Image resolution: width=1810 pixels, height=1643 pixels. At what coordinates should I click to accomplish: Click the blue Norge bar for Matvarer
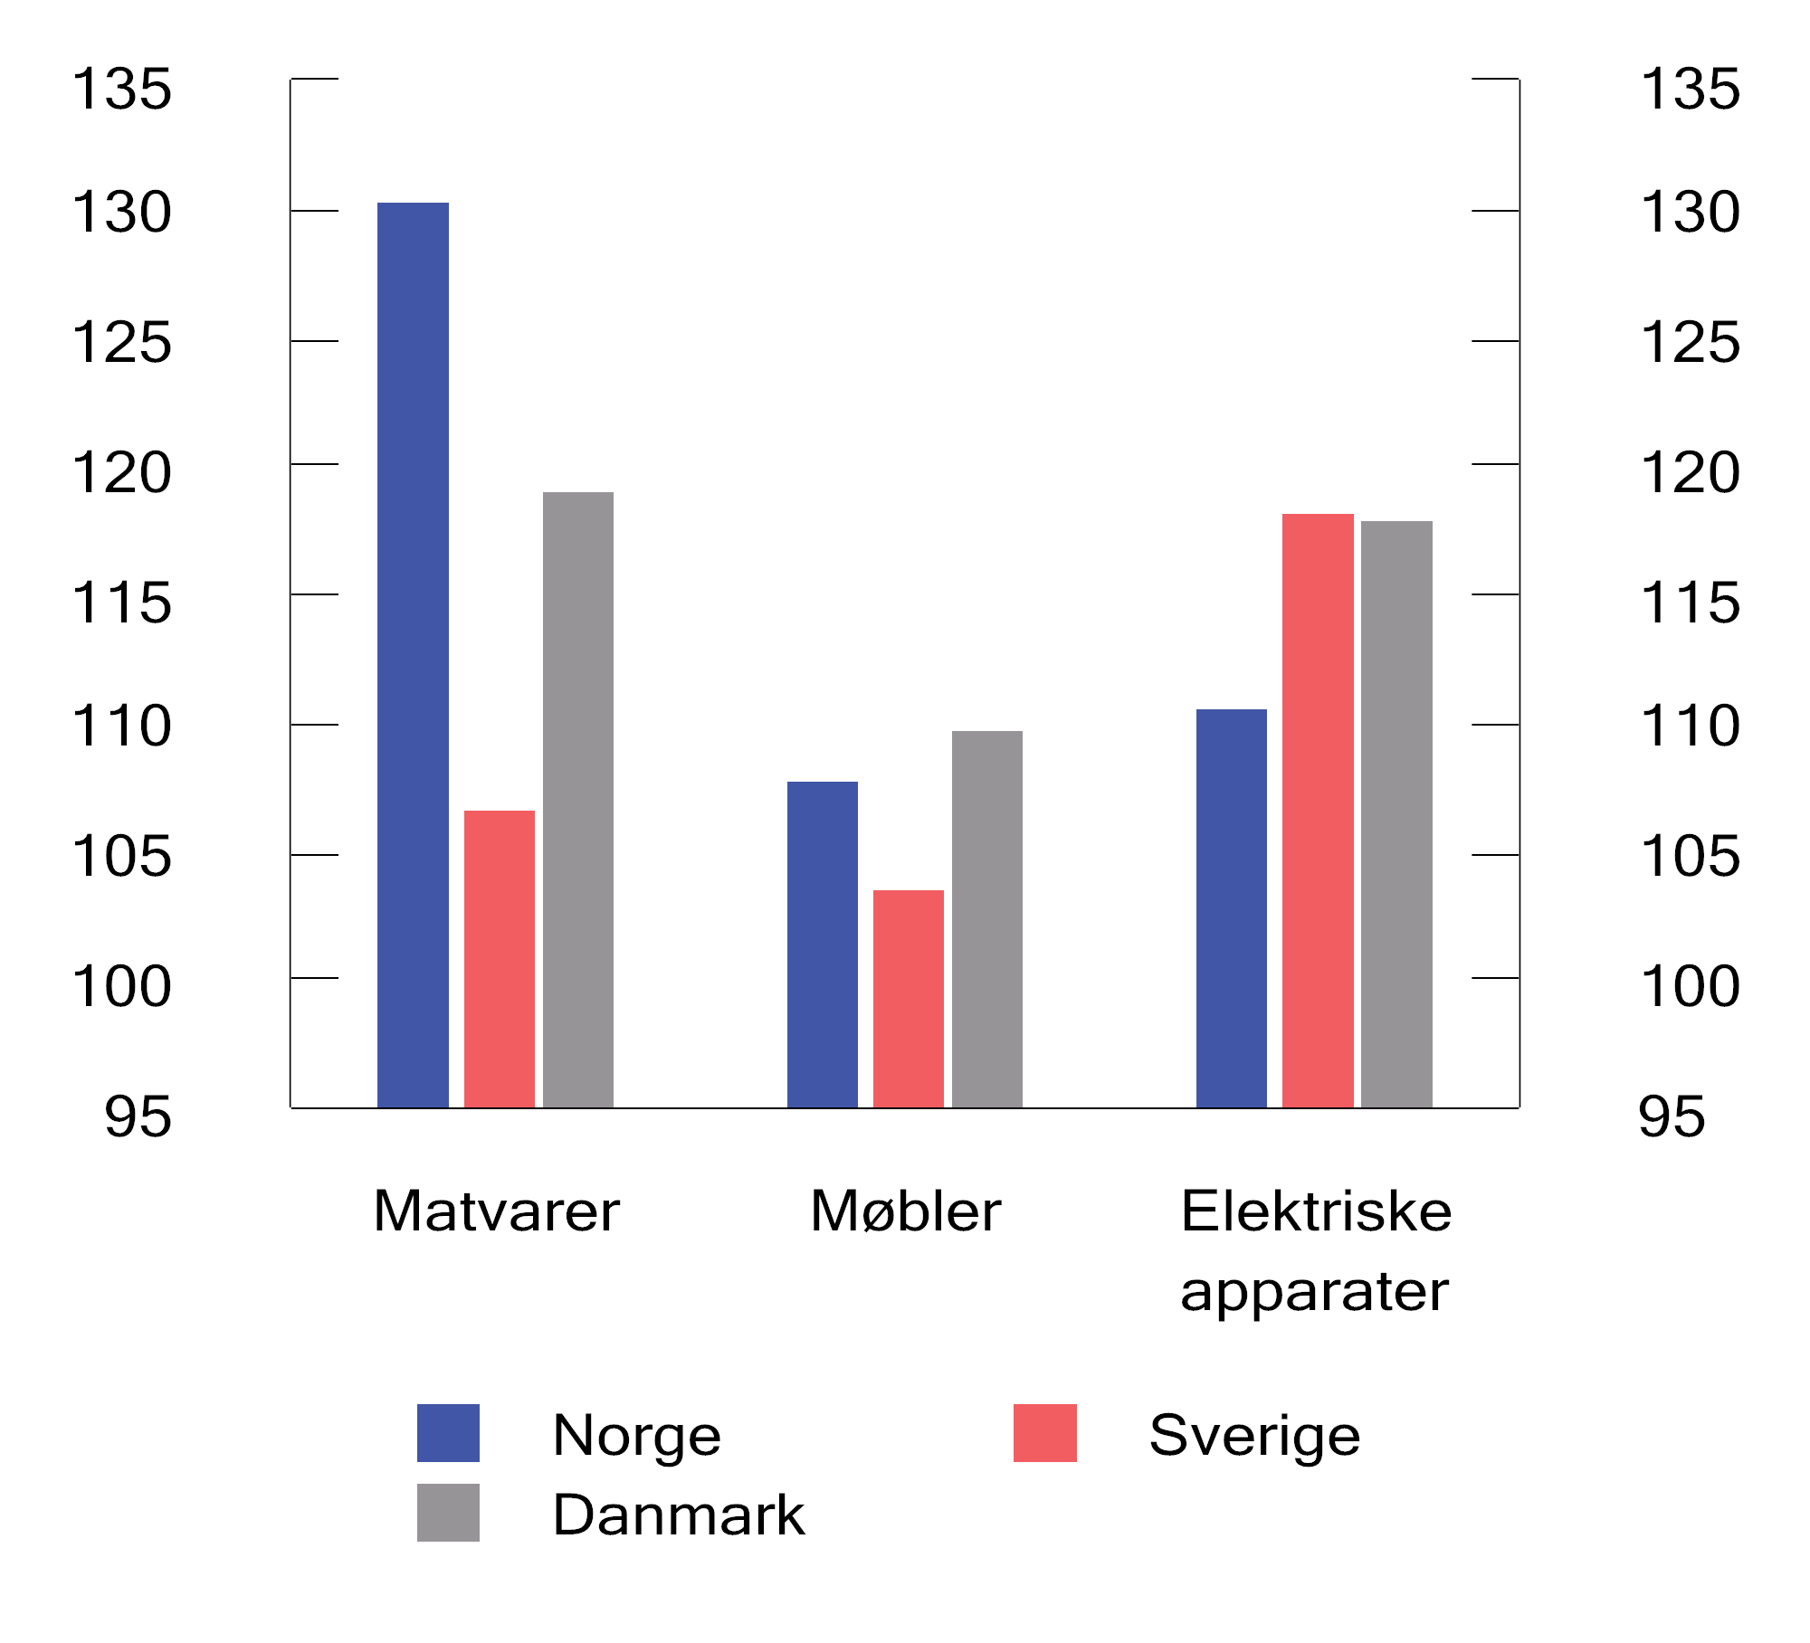413,655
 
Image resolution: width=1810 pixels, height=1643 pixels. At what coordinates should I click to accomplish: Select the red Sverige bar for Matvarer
500,959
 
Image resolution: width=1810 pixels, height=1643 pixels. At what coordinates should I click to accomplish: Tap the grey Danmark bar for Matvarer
578,800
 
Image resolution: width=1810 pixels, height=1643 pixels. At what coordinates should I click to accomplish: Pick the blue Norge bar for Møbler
823,945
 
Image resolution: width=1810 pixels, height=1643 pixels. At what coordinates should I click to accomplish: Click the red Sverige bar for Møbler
909,999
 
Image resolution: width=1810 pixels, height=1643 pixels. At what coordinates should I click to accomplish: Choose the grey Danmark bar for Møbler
987,919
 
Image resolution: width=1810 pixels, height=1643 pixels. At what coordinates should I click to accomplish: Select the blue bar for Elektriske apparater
1232,908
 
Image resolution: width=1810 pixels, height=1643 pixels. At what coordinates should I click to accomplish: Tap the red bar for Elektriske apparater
1318,811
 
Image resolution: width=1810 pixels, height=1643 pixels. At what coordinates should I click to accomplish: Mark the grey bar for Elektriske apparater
1396,814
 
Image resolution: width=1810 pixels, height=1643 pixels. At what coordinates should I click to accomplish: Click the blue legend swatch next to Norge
448,1433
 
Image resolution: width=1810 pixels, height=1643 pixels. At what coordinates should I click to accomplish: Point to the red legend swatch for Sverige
1045,1433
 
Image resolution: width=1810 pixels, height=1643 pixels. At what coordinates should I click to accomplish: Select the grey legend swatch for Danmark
448,1513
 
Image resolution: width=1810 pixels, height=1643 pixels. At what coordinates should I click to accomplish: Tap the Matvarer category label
496,1211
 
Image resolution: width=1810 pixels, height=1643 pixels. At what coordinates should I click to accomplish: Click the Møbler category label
905,1211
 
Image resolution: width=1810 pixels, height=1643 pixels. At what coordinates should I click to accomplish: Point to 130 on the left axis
121,214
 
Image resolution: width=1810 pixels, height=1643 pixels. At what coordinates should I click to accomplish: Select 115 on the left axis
121,603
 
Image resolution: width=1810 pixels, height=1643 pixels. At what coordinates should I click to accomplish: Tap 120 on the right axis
1690,472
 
